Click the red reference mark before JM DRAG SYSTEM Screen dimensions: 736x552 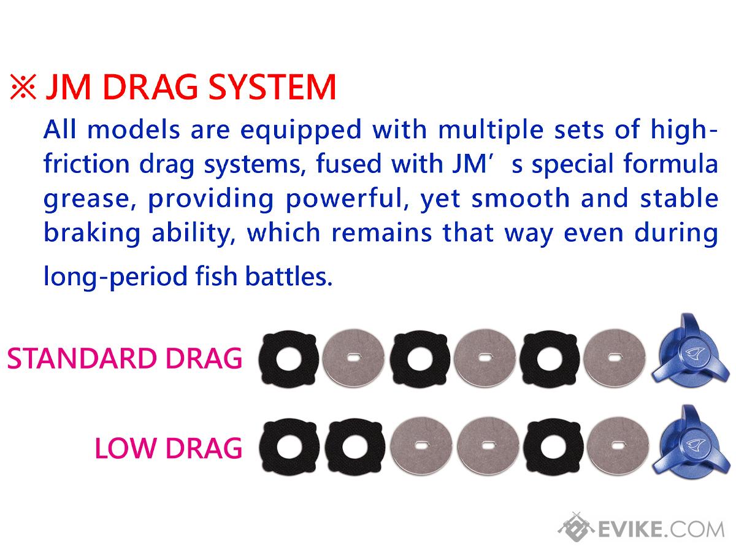[23, 87]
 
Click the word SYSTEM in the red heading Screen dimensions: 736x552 [272, 87]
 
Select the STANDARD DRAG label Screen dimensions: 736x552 [125, 358]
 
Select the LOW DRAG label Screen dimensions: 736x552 [168, 448]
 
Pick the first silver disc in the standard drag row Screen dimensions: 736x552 [354, 358]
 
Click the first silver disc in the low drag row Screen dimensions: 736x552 [421, 447]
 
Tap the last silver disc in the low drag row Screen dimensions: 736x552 [618, 447]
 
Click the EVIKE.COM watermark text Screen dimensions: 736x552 [661, 529]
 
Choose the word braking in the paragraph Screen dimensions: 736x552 [92, 233]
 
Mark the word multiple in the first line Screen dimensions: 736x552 [491, 129]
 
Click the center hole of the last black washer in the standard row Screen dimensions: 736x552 [550, 359]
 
